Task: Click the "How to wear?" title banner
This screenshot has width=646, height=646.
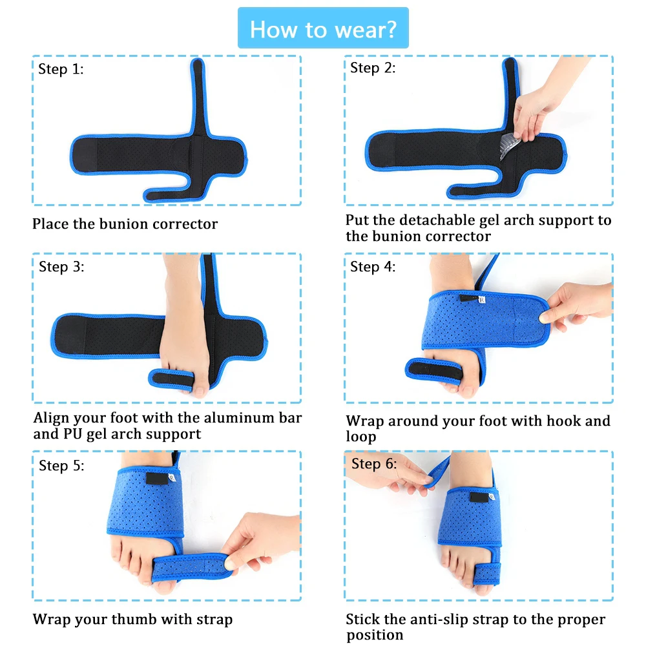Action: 323,28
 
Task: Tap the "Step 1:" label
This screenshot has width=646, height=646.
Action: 61,69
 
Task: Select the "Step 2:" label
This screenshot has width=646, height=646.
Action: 373,68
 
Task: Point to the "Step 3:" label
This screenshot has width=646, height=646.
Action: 61,267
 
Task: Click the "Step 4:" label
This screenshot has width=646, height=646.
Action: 373,267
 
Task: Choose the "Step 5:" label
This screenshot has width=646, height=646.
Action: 61,466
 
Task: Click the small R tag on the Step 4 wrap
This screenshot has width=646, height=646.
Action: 482,300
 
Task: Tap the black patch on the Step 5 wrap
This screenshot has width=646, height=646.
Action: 158,478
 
